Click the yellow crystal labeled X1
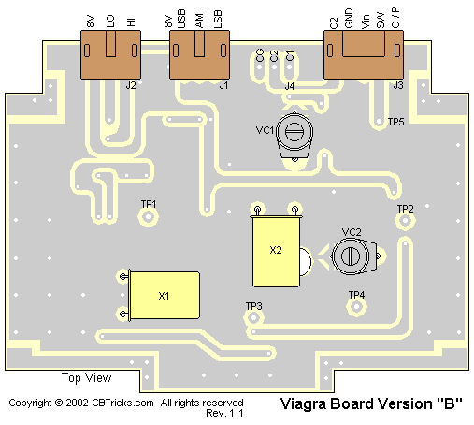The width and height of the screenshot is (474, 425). pos(165,296)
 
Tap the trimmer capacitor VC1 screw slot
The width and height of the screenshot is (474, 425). pos(294,132)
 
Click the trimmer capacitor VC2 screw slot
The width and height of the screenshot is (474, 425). pos(351,256)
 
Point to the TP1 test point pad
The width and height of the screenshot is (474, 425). pos(148,216)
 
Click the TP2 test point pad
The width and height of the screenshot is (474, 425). pos(405,221)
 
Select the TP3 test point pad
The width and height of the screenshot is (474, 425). pos(253,318)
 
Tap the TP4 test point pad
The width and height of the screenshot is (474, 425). pos(356,306)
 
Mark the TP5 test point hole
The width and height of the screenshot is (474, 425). pos(379,121)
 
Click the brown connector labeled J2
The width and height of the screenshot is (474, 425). pos(110,54)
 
